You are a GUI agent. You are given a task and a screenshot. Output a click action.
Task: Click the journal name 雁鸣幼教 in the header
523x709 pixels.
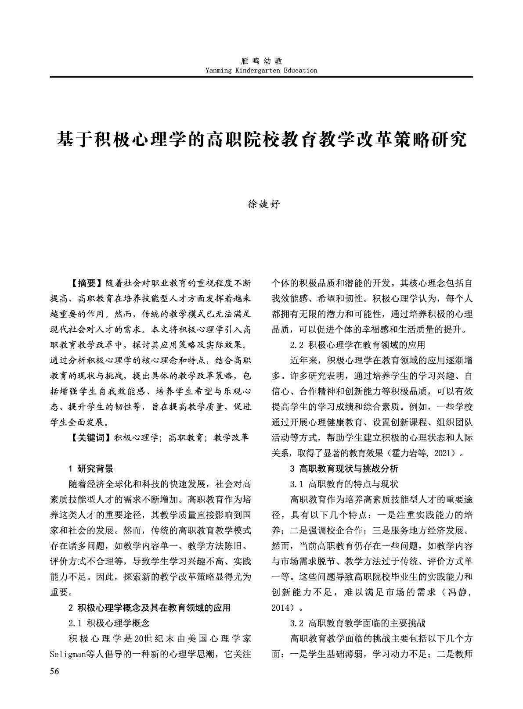tap(261, 61)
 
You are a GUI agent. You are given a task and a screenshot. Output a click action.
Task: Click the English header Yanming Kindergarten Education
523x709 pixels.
tap(261, 70)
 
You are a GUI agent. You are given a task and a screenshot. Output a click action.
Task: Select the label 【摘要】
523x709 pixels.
tap(87, 282)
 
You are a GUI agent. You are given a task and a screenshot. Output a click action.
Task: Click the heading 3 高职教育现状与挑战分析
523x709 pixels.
tap(344, 469)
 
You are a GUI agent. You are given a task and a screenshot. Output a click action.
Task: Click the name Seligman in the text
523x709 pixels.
tap(68, 655)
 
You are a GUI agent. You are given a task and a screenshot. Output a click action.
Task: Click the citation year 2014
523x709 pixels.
tap(281, 608)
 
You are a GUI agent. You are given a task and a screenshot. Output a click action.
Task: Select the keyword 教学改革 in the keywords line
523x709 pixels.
tap(231, 437)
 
